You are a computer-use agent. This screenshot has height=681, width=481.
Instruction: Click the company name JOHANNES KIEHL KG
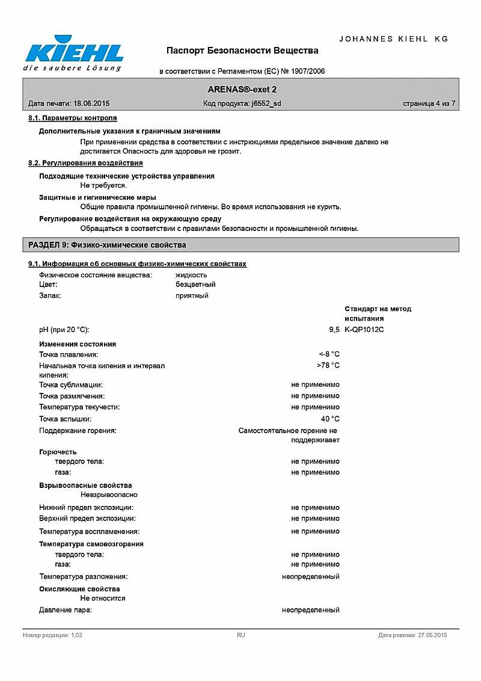(394, 39)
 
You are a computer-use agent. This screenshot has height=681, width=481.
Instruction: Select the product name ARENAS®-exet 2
(242, 89)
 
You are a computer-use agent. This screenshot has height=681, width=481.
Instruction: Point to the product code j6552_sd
(266, 103)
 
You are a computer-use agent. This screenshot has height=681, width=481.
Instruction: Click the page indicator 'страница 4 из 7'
(429, 103)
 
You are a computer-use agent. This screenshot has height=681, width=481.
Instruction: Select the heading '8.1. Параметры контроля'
(73, 118)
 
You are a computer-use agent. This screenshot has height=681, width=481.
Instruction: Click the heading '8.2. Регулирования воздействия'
(85, 163)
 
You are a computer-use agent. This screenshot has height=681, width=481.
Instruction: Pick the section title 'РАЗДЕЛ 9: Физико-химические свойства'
(107, 245)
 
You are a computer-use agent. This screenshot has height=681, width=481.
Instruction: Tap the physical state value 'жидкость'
(191, 275)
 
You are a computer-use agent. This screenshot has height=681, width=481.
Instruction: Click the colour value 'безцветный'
(195, 284)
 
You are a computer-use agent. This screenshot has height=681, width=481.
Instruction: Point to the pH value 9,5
(334, 330)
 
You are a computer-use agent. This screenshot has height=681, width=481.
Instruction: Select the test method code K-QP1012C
(364, 330)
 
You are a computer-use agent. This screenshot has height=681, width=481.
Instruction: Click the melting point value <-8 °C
(329, 354)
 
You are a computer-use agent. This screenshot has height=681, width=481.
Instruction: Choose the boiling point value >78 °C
(328, 365)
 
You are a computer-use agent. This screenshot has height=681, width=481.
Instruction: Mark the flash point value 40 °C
(330, 419)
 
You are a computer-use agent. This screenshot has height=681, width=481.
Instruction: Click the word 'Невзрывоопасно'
(109, 495)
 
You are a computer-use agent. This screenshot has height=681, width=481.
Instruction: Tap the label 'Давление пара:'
(66, 610)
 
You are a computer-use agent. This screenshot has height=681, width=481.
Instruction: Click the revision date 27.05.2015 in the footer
(432, 635)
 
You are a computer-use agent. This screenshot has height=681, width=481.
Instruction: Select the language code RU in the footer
(241, 635)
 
